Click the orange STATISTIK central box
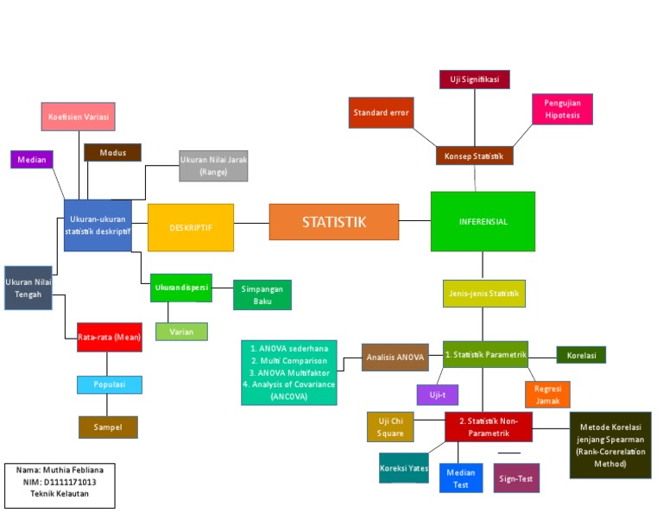(x=333, y=222)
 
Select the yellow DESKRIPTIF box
(x=191, y=227)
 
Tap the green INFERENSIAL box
(x=483, y=221)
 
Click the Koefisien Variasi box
(x=79, y=117)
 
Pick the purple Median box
(x=32, y=160)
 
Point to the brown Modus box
(x=112, y=153)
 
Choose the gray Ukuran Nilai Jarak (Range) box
(x=212, y=166)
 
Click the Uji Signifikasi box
(x=474, y=79)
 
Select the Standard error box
(x=381, y=112)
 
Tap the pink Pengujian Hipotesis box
(x=562, y=109)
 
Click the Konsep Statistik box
(x=474, y=156)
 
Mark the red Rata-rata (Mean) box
(x=109, y=337)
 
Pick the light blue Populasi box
(x=109, y=384)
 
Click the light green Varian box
(x=181, y=332)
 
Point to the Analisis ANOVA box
(x=395, y=357)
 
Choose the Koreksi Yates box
(x=403, y=468)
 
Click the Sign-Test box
(x=516, y=478)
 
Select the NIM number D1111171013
(x=59, y=482)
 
